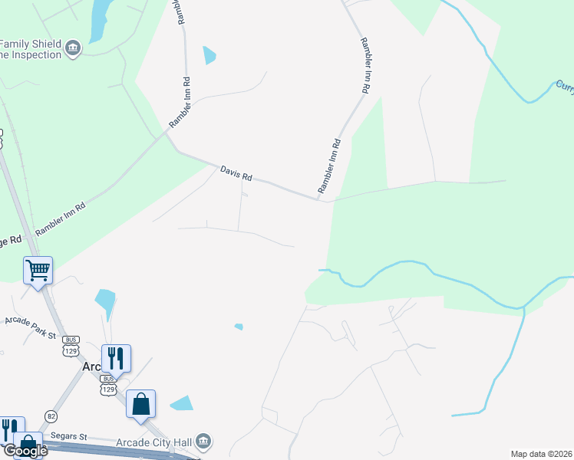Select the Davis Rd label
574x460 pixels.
click(x=236, y=174)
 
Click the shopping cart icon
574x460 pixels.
click(x=38, y=269)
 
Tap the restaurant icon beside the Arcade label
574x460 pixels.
click(x=116, y=357)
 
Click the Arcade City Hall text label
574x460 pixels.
click(x=153, y=441)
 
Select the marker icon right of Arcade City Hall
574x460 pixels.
click(x=203, y=441)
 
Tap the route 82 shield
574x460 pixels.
click(x=51, y=415)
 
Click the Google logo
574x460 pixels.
click(x=25, y=451)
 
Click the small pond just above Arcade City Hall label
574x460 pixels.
click(x=182, y=403)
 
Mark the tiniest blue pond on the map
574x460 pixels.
click(x=239, y=327)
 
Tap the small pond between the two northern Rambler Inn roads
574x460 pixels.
click(x=209, y=55)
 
